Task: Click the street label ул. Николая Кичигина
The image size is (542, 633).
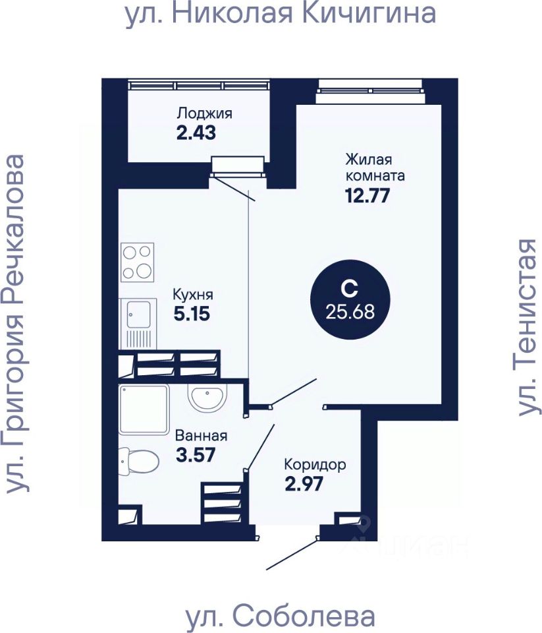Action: tap(281, 15)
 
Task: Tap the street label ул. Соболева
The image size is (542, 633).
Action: tap(281, 617)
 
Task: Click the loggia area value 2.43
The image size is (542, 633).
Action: tap(196, 133)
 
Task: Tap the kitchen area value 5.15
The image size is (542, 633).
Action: tap(192, 314)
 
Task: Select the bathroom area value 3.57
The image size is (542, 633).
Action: tap(196, 454)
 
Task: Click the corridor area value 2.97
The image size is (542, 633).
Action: tap(304, 485)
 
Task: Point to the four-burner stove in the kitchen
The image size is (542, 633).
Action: tap(138, 262)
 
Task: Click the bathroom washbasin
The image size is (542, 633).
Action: tap(207, 398)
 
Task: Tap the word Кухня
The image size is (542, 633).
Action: tap(193, 295)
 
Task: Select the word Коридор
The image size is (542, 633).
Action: tap(314, 465)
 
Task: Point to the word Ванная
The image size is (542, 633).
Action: tap(201, 435)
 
